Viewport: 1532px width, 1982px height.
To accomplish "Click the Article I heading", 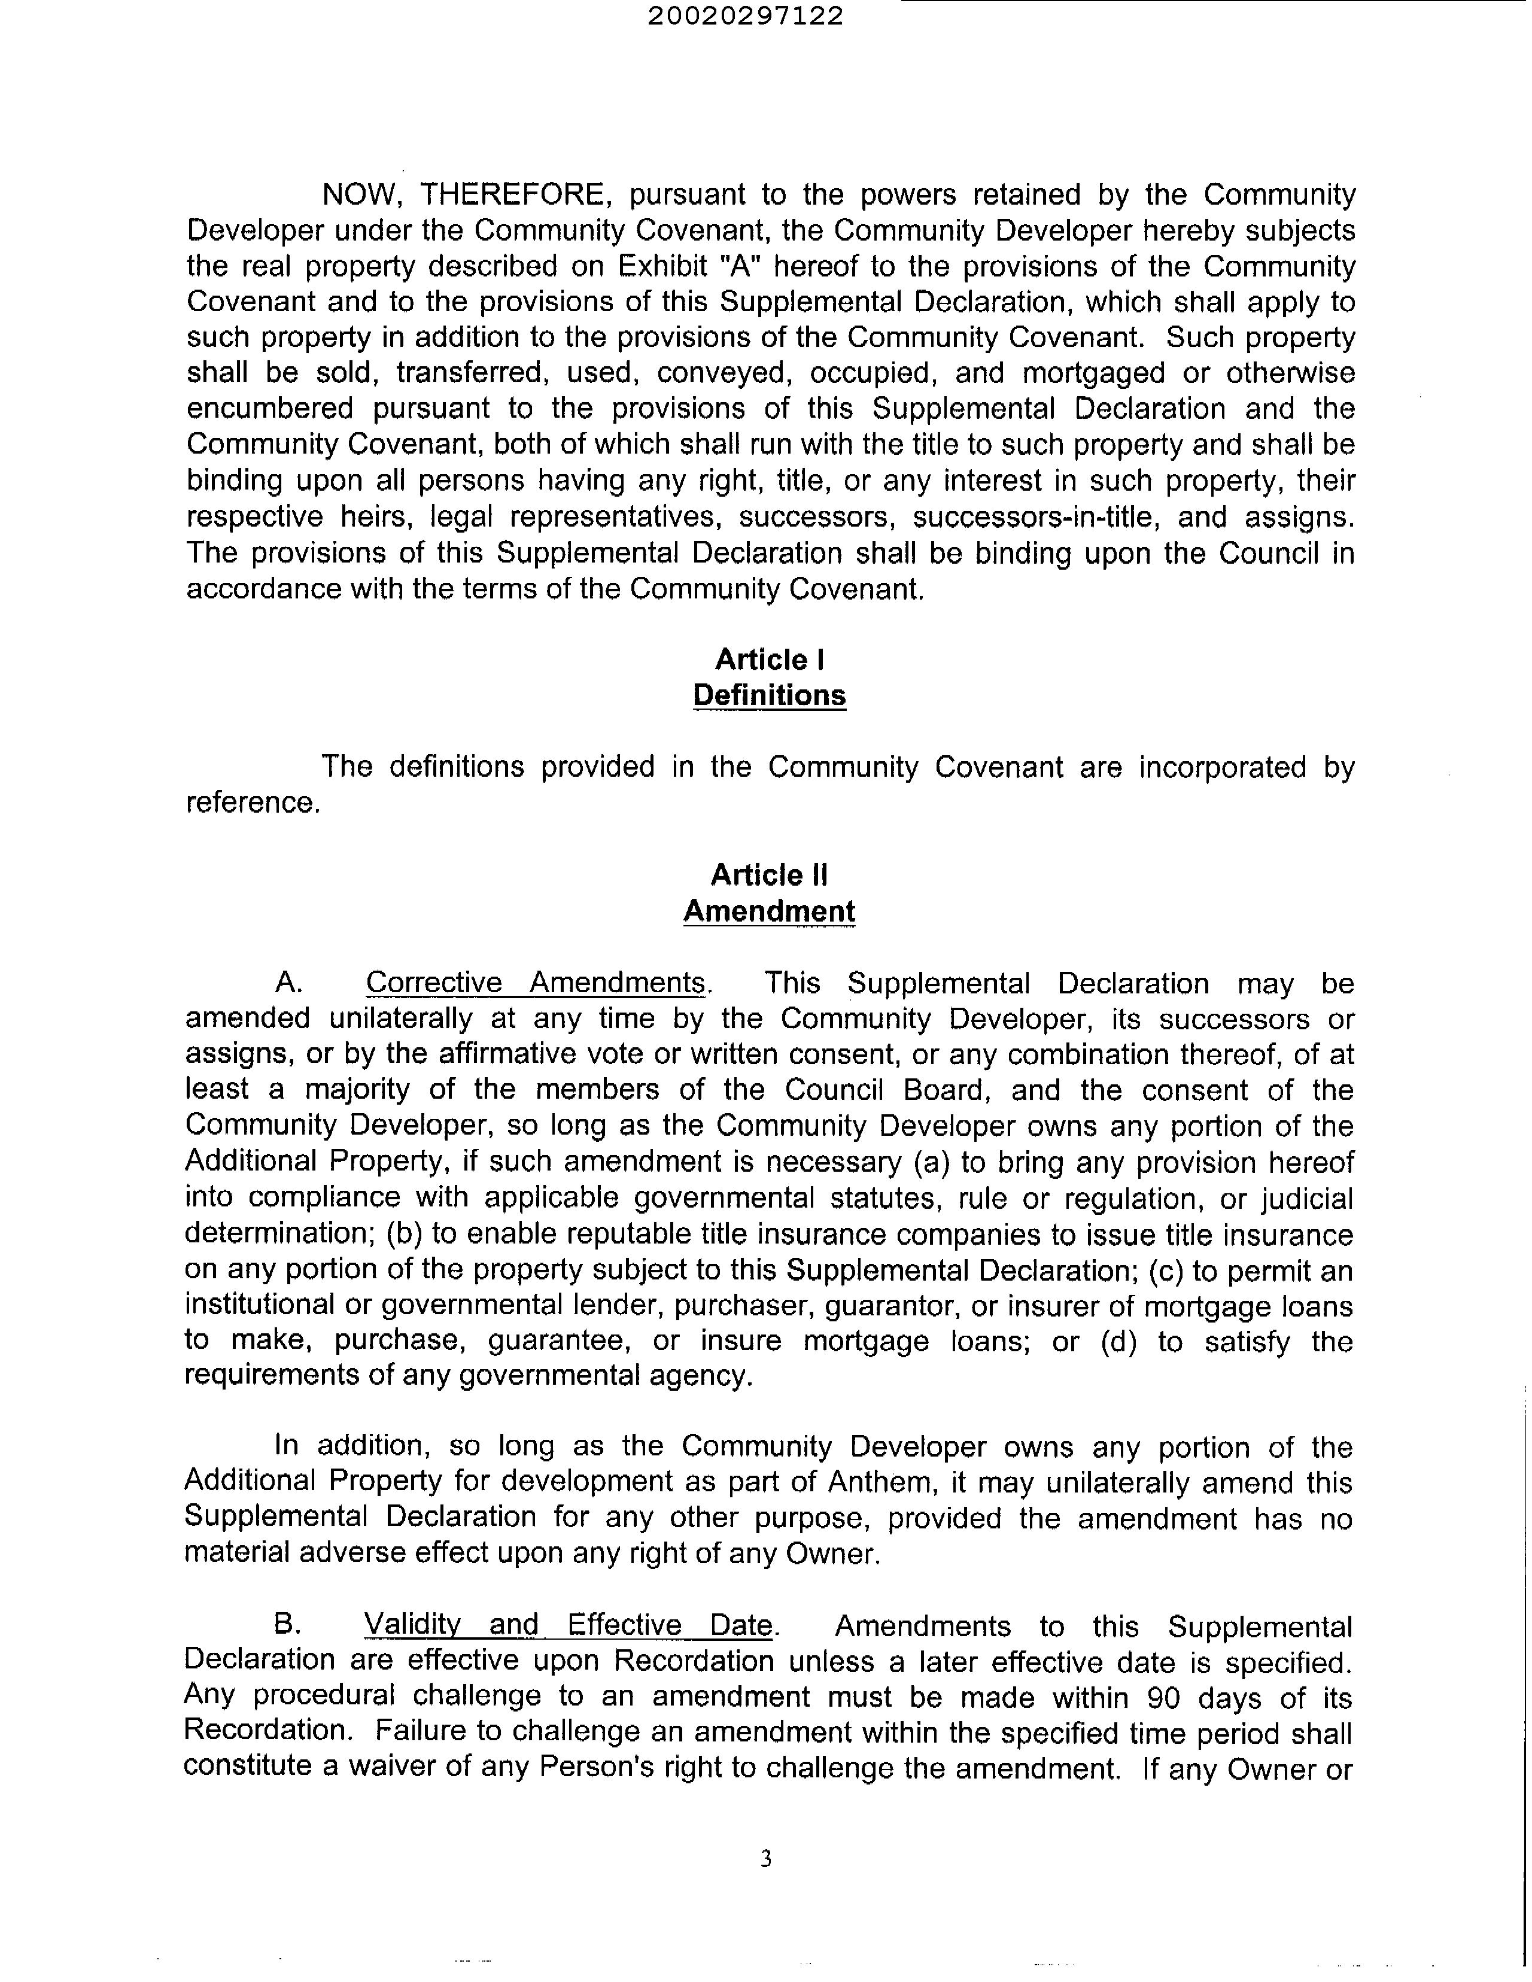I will pyautogui.click(x=770, y=659).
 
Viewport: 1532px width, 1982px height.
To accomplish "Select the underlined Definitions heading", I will pyautogui.click(x=770, y=695).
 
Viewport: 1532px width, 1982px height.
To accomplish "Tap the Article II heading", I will pyautogui.click(x=769, y=875).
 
